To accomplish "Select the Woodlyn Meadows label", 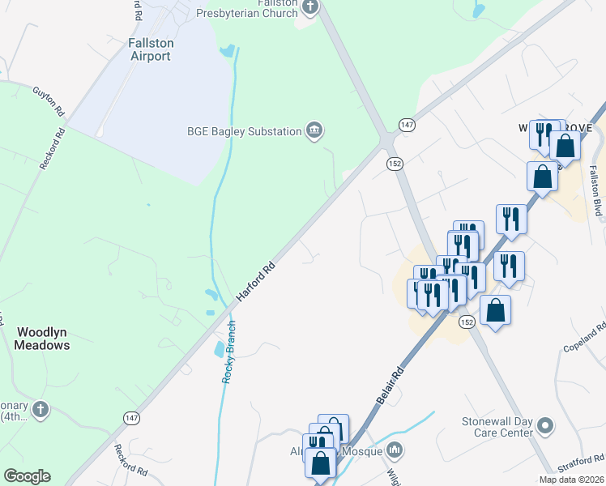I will click(43, 339).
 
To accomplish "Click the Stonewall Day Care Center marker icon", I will click(545, 424).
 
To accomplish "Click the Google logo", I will click(27, 476).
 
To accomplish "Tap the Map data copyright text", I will click(571, 480).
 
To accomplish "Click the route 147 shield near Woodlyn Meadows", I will click(131, 417).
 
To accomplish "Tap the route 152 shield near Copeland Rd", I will click(466, 322).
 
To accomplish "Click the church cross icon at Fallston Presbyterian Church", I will click(309, 8).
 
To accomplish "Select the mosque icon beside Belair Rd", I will click(395, 450).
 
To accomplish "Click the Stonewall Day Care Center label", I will click(497, 427).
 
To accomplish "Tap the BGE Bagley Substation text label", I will click(244, 131).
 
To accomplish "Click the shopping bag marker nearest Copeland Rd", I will click(495, 309).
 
